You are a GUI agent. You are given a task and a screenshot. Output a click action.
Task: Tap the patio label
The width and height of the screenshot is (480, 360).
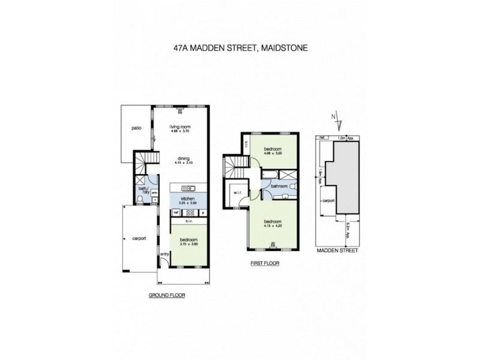click(136, 128)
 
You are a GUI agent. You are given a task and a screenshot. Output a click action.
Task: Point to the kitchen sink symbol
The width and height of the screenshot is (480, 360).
click(188, 188)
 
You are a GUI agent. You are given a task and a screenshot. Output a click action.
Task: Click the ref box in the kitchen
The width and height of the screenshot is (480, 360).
click(176, 212)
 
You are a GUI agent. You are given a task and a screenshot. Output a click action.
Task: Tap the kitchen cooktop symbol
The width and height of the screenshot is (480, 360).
click(190, 212)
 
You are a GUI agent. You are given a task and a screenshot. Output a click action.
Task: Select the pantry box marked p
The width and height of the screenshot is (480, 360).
click(203, 212)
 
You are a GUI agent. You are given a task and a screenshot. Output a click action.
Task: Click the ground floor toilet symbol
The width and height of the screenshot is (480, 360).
click(140, 199)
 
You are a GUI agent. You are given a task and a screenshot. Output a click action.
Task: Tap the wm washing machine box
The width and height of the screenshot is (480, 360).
click(154, 193)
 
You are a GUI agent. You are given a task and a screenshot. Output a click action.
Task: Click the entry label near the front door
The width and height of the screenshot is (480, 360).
click(164, 254)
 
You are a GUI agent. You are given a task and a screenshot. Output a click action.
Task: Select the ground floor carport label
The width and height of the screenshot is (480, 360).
click(139, 238)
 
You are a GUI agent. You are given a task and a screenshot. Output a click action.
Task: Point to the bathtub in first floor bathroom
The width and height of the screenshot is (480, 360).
click(270, 175)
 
